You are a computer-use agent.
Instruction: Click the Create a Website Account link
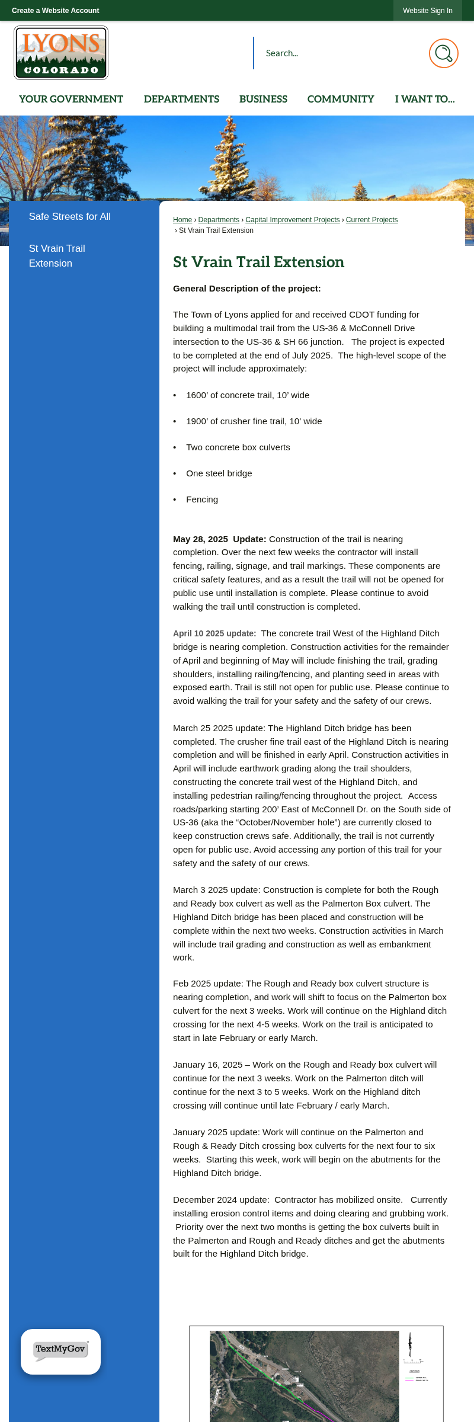(x=55, y=11)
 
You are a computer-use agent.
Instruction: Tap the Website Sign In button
(x=427, y=11)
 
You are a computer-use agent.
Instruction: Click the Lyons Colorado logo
(x=61, y=53)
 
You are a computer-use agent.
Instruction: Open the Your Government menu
(x=71, y=99)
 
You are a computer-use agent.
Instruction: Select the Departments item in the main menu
(x=181, y=99)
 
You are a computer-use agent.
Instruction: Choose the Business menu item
(x=263, y=99)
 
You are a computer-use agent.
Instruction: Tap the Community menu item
(x=341, y=99)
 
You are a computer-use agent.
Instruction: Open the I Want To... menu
(x=425, y=99)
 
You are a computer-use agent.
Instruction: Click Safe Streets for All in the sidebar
(x=70, y=217)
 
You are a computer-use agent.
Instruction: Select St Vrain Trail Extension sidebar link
(x=57, y=256)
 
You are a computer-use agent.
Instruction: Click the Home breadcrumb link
(x=182, y=220)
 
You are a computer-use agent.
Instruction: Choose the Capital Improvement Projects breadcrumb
(x=293, y=220)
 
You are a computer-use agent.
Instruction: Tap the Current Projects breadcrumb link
(x=371, y=220)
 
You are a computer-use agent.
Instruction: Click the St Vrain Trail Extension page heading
(x=258, y=262)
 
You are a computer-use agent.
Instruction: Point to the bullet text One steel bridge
(x=219, y=473)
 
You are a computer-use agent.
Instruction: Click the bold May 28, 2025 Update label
(x=219, y=539)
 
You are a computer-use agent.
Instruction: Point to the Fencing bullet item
(x=202, y=499)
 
